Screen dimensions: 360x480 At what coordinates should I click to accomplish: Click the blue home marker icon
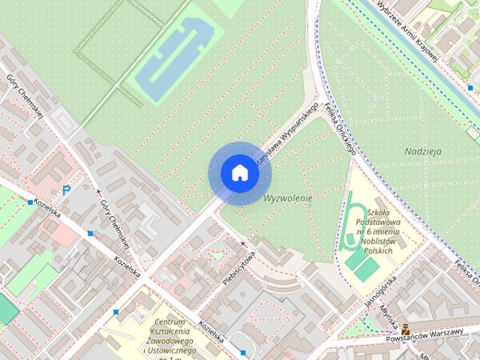pyautogui.click(x=239, y=172)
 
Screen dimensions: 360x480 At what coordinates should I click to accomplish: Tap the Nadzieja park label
pyautogui.click(x=423, y=151)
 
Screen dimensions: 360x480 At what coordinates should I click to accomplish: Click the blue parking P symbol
pyautogui.click(x=66, y=191)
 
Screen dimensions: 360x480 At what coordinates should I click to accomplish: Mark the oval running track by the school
pyautogui.click(x=349, y=222)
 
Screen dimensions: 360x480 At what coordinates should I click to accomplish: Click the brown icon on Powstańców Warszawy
pyautogui.click(x=405, y=328)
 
